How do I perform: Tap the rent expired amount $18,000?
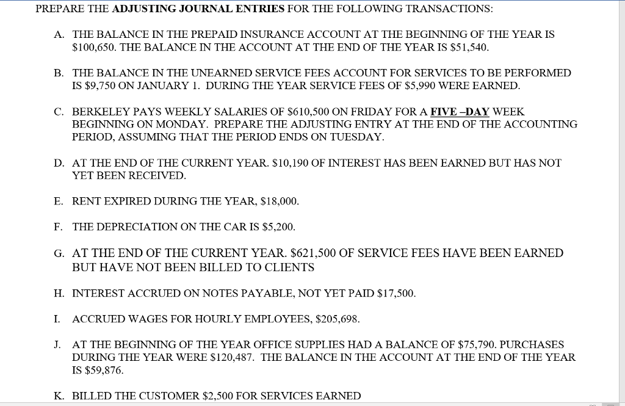point(278,201)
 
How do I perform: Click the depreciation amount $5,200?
point(276,227)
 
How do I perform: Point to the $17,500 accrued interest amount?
point(396,294)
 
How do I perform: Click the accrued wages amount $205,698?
point(338,319)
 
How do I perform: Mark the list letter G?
point(58,253)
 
